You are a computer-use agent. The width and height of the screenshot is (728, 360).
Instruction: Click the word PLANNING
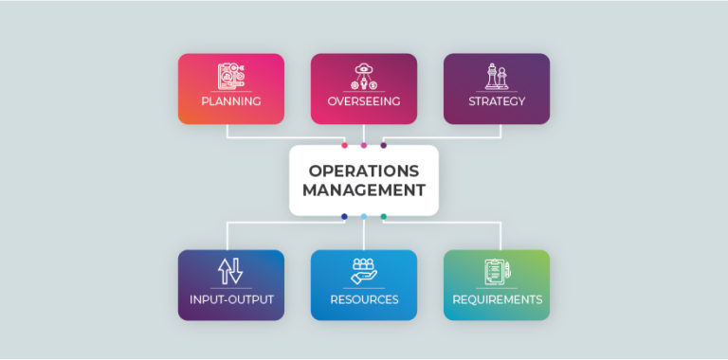[x=230, y=101]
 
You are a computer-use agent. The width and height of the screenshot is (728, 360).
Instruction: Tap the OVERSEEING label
[x=364, y=101]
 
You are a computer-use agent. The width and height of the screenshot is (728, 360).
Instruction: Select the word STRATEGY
[x=497, y=101]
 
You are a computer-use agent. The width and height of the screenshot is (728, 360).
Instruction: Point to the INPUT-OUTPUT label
[x=230, y=299]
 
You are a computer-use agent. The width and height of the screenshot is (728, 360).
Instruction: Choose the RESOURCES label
[x=364, y=299]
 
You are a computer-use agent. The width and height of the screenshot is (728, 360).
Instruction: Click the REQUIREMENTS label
[x=497, y=299]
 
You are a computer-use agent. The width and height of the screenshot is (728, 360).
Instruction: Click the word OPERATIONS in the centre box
[x=364, y=171]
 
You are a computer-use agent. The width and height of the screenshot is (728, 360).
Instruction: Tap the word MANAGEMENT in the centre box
[x=364, y=190]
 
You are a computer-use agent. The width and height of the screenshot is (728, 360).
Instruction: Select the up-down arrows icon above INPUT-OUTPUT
[x=230, y=271]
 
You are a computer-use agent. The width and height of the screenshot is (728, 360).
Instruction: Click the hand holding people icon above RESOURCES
[x=364, y=271]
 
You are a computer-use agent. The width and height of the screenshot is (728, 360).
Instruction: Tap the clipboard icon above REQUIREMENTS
[x=497, y=271]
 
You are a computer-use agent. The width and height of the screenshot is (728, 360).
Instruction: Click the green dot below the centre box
[x=384, y=217]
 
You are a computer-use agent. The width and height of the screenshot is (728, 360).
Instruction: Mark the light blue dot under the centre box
[x=364, y=217]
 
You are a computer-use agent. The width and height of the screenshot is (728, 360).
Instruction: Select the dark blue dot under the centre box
[x=344, y=217]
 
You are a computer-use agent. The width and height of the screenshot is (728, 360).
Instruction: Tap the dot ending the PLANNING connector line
[x=344, y=145]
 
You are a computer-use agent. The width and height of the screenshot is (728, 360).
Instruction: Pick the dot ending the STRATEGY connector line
[x=384, y=145]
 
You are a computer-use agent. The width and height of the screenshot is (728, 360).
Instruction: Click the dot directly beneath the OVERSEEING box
[x=364, y=145]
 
